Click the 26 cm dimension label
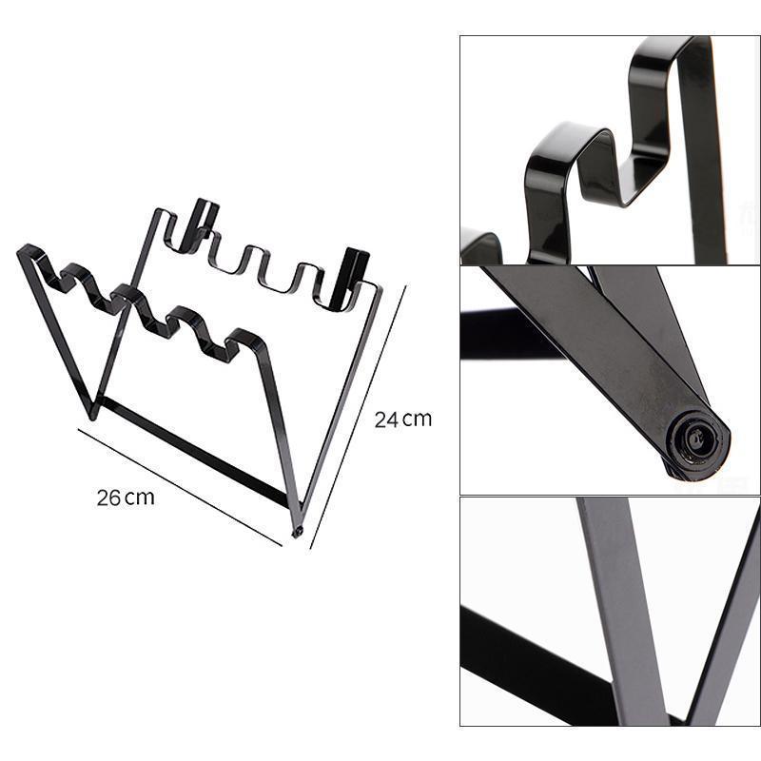126,498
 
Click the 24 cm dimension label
402,420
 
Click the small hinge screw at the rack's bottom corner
297,532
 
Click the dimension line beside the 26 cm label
180,487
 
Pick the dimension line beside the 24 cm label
359,418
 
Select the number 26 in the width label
108,498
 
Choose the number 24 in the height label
386,420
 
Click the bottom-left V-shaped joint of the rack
92,413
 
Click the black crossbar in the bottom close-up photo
534,666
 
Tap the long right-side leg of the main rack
340,402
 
